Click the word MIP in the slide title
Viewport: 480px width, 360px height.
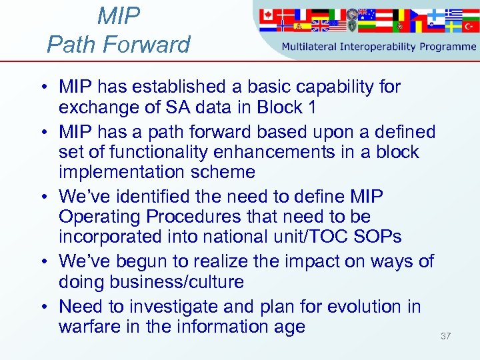click(x=119, y=16)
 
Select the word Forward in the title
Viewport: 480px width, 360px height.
click(x=145, y=45)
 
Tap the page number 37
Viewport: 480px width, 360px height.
click(x=445, y=336)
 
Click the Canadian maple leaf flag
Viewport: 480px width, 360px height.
click(x=268, y=14)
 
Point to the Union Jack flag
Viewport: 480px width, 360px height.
click(x=320, y=26)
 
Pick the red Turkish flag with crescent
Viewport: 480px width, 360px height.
click(x=470, y=27)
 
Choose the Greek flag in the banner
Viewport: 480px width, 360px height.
click(x=453, y=14)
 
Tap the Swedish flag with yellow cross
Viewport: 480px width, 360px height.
click(x=453, y=27)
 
